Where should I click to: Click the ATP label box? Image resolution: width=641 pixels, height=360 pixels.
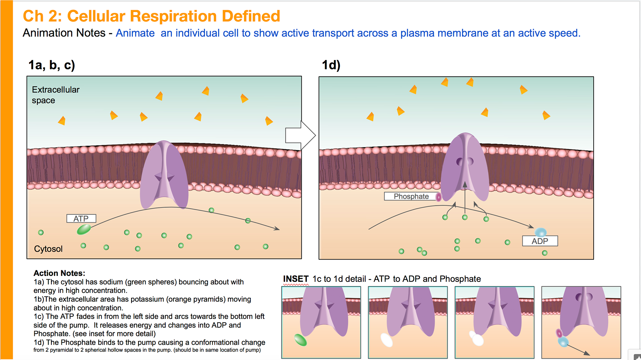click(x=81, y=219)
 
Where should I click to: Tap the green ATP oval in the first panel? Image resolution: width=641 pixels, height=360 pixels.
click(x=84, y=230)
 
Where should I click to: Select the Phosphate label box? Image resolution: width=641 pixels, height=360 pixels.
click(x=411, y=196)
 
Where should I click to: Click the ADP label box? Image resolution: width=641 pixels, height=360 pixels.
click(x=540, y=241)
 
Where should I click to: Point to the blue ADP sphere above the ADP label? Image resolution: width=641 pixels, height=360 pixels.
click(x=541, y=232)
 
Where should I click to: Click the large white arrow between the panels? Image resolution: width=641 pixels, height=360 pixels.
click(x=300, y=135)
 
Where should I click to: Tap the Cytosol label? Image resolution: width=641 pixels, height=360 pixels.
click(x=48, y=249)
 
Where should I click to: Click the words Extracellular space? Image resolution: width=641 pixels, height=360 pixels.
click(x=55, y=95)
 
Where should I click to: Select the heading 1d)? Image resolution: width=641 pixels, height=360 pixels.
click(x=331, y=65)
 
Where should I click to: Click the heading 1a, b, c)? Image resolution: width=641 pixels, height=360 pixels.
click(x=52, y=65)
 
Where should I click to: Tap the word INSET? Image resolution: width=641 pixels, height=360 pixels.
click(x=296, y=279)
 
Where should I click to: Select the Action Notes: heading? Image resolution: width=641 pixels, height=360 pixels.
click(x=59, y=273)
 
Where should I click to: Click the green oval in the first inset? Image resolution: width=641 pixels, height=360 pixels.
click(x=300, y=340)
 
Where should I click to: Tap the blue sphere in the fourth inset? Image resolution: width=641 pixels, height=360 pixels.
click(x=563, y=341)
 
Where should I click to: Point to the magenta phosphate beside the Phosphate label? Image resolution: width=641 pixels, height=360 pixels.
click(x=439, y=197)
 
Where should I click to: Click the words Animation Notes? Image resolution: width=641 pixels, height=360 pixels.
click(x=64, y=33)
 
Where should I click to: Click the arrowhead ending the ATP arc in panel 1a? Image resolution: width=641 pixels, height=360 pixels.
click(x=277, y=229)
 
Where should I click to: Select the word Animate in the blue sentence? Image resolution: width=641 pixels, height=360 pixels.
click(x=135, y=33)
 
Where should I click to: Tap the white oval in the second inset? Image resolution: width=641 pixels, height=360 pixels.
click(x=387, y=340)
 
